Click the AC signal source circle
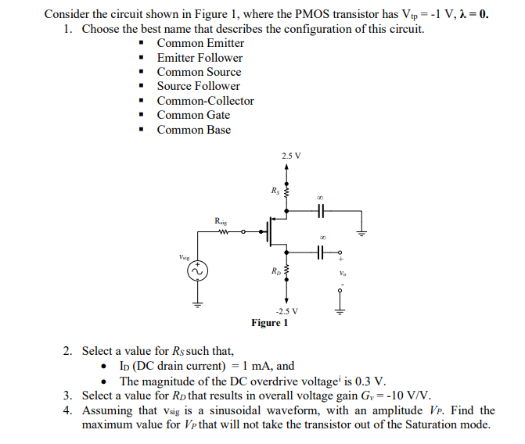(x=197, y=271)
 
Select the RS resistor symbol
(x=286, y=192)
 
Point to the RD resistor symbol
(x=286, y=273)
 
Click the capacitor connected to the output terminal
(x=321, y=252)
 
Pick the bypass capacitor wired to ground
(x=321, y=211)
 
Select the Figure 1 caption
(x=270, y=323)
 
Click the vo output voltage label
(x=342, y=274)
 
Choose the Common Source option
(x=199, y=72)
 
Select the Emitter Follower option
(x=200, y=58)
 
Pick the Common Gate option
(x=193, y=115)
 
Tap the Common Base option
(x=193, y=130)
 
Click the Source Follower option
(x=198, y=86)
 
